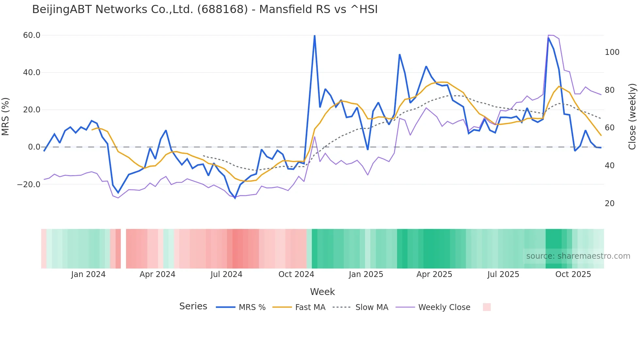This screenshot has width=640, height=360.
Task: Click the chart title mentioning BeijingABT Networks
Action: coord(205,9)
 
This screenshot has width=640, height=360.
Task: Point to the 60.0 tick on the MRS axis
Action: coord(32,35)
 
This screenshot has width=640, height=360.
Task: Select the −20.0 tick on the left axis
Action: coord(29,185)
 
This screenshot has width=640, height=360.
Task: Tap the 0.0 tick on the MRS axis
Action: coord(34,147)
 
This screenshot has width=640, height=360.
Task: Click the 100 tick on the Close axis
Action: coord(612,52)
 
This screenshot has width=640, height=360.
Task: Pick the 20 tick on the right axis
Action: coord(610,204)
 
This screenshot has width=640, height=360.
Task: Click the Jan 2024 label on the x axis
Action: coord(88,274)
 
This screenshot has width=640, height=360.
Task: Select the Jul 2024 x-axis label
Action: coord(226,274)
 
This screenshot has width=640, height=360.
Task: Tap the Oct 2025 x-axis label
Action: coord(573,274)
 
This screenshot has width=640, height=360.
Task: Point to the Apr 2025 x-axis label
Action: coord(434,274)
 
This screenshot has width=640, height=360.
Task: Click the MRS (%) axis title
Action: coord(6,116)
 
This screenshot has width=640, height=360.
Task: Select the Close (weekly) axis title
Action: coord(632,116)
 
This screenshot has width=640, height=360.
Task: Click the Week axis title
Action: coord(322,292)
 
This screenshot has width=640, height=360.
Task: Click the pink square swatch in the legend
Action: coord(487,307)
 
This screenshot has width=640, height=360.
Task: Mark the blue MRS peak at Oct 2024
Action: coord(314,35)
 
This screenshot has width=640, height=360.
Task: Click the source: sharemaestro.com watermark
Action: coord(578,256)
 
